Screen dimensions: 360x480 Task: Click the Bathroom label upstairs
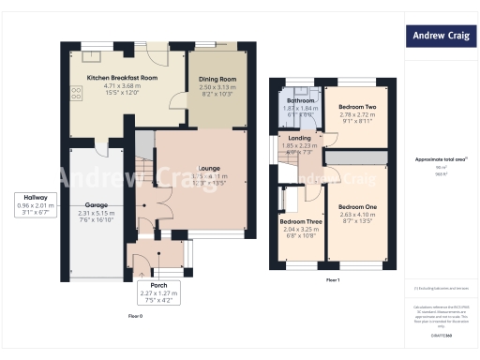300,99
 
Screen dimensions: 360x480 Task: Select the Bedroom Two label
357,108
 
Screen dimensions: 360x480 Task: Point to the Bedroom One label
357,206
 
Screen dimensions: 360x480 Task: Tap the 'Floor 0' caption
135,315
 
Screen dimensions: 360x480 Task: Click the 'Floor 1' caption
333,279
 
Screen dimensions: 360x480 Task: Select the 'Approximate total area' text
440,159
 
